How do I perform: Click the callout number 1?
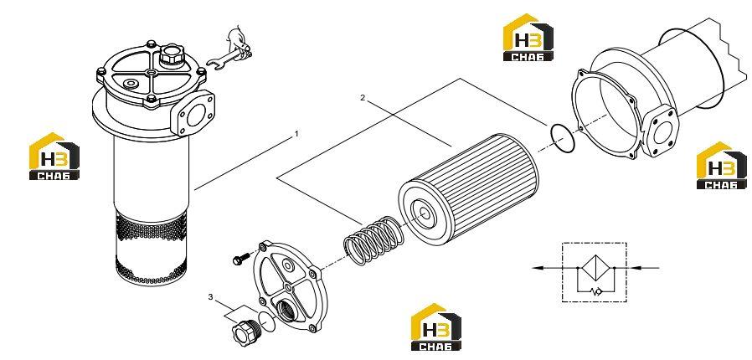click(296, 134)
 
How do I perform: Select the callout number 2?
click(363, 98)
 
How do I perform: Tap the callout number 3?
click(210, 297)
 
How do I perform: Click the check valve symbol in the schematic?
click(596, 291)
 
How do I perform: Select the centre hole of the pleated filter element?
click(425, 214)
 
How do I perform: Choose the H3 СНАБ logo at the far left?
click(54, 157)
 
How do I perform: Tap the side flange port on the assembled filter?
click(195, 113)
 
